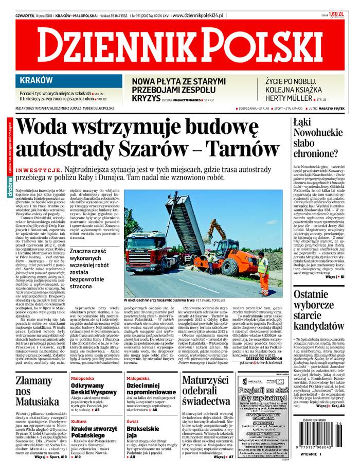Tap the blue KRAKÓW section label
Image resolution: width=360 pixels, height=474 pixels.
coord(35,80)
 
